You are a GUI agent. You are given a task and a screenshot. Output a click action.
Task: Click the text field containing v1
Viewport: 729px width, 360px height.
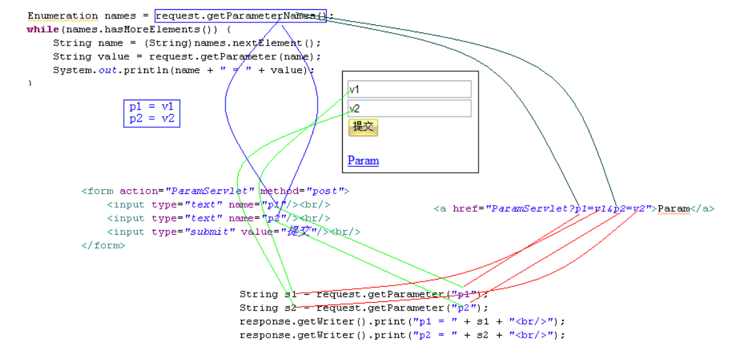pos(409,89)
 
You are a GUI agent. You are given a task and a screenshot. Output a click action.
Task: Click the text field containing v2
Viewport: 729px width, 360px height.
pos(409,109)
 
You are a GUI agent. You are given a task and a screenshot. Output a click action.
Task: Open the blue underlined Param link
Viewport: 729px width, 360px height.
pos(363,161)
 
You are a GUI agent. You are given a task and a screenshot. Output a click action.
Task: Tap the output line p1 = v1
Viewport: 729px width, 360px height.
pos(152,107)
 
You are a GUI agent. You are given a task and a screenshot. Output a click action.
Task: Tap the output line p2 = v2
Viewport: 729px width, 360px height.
pos(152,119)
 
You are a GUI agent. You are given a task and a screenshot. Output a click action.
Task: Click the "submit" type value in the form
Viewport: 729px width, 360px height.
pos(210,232)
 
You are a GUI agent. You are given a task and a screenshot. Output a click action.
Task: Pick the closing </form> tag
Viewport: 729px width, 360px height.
pos(103,245)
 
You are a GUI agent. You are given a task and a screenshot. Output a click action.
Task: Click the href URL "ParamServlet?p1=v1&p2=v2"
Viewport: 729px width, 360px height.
pos(568,209)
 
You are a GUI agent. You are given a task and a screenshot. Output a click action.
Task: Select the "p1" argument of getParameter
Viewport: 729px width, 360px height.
pos(463,295)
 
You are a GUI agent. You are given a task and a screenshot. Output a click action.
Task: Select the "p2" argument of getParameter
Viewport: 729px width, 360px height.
pos(463,308)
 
